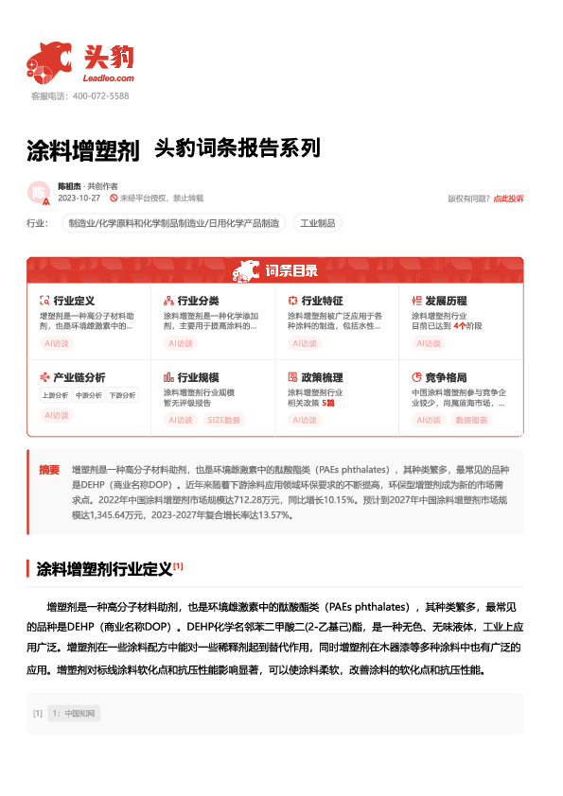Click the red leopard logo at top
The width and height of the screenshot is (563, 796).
pyautogui.click(x=49, y=61)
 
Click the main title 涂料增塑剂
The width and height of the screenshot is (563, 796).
pyautogui.click(x=83, y=150)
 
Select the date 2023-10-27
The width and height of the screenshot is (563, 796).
pyautogui.click(x=79, y=199)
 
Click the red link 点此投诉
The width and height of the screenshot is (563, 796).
pyautogui.click(x=508, y=199)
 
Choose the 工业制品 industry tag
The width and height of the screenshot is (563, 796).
pyautogui.click(x=317, y=224)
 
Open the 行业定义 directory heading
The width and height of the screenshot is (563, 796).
pyautogui.click(x=74, y=301)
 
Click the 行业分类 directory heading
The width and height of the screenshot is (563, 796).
pyautogui.click(x=198, y=301)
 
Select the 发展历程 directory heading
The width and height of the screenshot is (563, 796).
pyautogui.click(x=446, y=301)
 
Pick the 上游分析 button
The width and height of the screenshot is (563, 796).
pyautogui.click(x=55, y=395)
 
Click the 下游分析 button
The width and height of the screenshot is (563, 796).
pyautogui.click(x=121, y=395)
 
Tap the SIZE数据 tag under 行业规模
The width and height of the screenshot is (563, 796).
pyautogui.click(x=224, y=420)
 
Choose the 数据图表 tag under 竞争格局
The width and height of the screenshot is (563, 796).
pyautogui.click(x=472, y=420)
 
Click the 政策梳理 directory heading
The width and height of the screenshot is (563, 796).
pyautogui.click(x=322, y=376)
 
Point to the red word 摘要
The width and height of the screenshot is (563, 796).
pyautogui.click(x=49, y=470)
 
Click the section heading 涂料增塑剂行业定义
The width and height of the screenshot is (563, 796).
pyautogui.click(x=103, y=569)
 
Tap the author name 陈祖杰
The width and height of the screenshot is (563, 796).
pyautogui.click(x=71, y=187)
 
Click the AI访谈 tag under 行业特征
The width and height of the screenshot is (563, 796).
pyautogui.click(x=305, y=344)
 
